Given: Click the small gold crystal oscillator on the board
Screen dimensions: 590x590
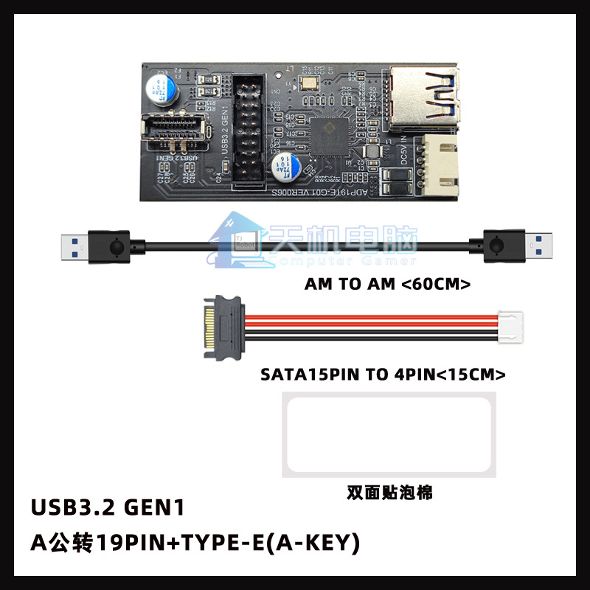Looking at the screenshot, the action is (x=306, y=87).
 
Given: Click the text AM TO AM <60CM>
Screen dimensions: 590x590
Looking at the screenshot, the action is (x=387, y=284).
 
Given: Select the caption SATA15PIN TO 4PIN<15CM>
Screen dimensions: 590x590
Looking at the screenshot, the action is (x=383, y=374).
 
